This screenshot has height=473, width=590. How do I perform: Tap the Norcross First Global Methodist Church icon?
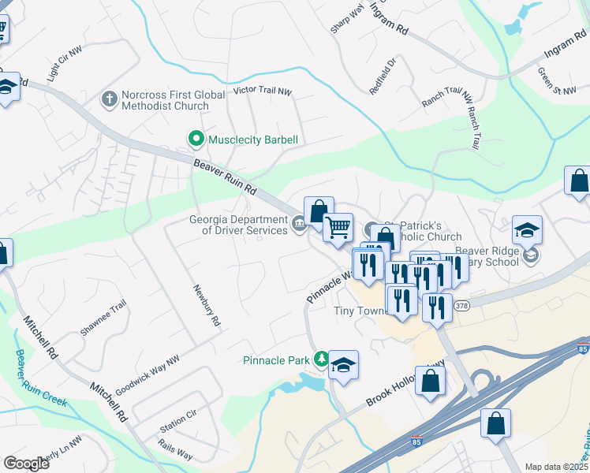point(110,99)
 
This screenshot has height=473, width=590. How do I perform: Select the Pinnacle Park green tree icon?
point(321,360)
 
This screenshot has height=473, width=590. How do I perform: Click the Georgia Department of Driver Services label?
point(237,225)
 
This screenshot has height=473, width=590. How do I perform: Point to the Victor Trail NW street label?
point(263,92)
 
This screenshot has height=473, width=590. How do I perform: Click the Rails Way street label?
point(174,454)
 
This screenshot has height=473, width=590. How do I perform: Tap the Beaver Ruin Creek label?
point(37,377)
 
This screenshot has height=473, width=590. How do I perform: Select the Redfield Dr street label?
point(383,76)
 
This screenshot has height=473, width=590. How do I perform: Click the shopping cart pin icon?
point(338,227)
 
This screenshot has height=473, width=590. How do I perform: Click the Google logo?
point(26,464)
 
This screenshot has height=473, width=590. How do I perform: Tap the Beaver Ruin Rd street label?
point(226,177)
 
